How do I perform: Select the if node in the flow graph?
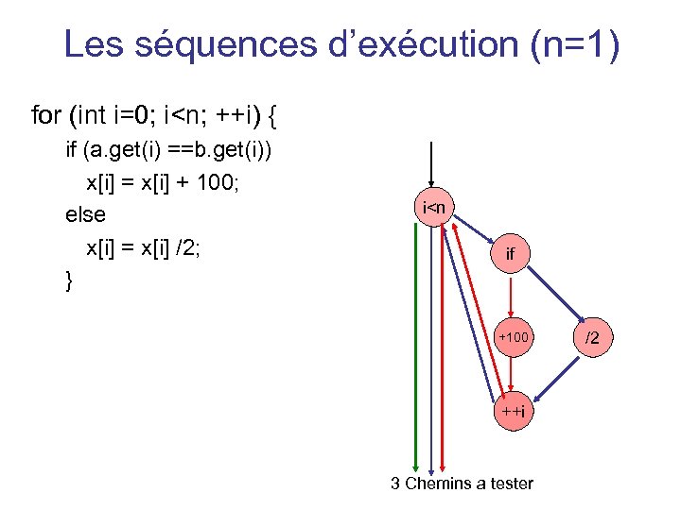pyautogui.click(x=511, y=252)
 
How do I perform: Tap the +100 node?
pyautogui.click(x=514, y=337)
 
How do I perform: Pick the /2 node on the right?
pyautogui.click(x=591, y=337)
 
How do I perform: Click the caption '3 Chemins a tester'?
pyautogui.click(x=463, y=484)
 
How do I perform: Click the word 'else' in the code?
pyautogui.click(x=85, y=215)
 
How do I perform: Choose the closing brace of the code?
pyautogui.click(x=68, y=280)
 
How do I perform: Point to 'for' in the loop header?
pyautogui.click(x=45, y=116)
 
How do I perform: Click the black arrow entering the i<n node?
pyautogui.click(x=431, y=165)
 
